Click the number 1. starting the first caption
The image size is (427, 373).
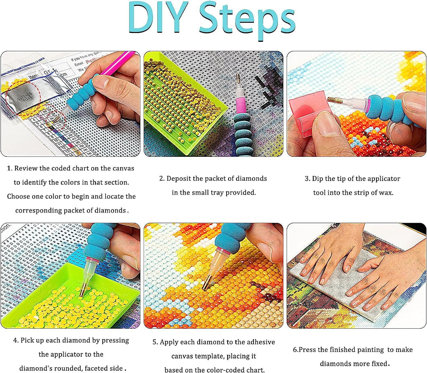point(9,168)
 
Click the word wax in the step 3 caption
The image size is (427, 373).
point(387,193)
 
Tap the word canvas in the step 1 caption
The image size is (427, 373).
point(123,168)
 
